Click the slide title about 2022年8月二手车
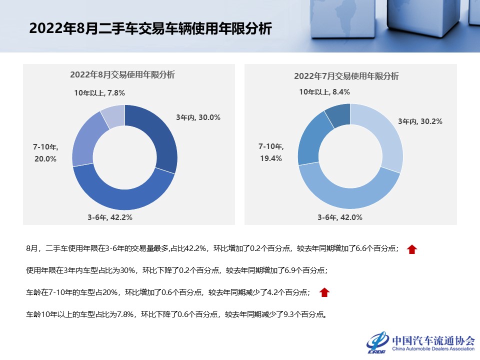click(x=150, y=28)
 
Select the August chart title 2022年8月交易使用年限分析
click(x=122, y=75)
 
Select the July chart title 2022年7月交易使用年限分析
click(x=346, y=76)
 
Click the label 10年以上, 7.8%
click(x=99, y=92)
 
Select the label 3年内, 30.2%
click(x=420, y=121)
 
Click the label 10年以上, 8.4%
click(x=324, y=92)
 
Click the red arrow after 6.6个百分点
click(x=411, y=249)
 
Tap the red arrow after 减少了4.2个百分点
click(x=324, y=292)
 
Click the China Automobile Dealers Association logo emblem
click(x=378, y=342)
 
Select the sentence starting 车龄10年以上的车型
click(x=176, y=315)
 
